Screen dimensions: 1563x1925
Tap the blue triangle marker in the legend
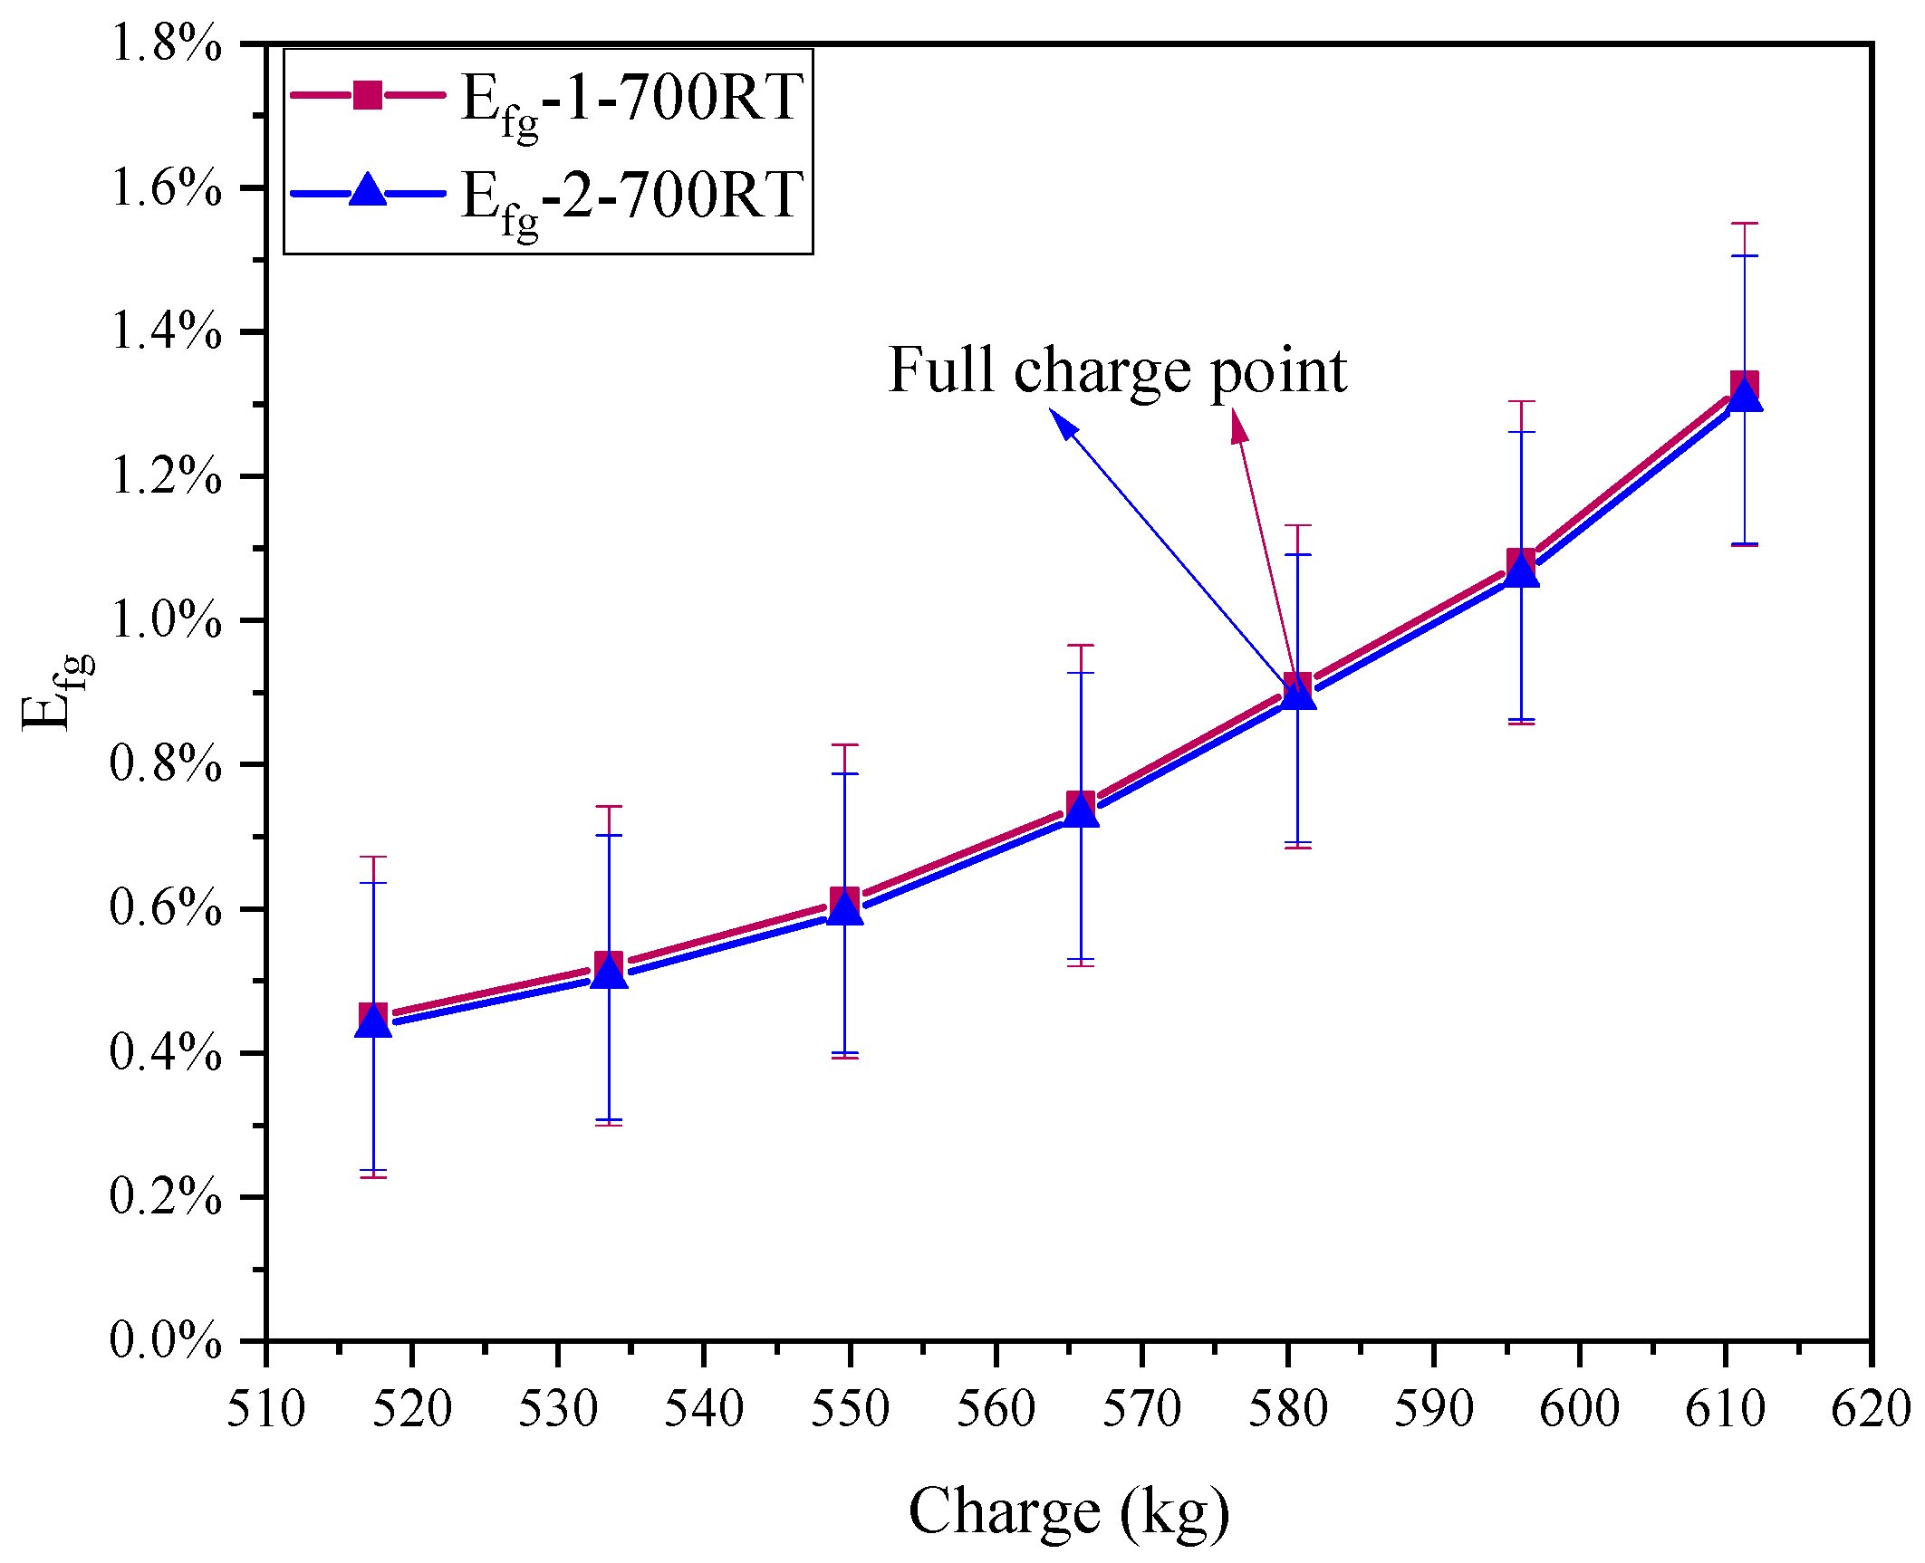point(368,191)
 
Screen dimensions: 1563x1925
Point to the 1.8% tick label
point(166,43)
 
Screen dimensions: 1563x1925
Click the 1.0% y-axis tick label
point(166,620)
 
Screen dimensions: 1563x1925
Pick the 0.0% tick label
point(166,1340)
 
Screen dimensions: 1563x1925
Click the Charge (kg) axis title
point(1069,1511)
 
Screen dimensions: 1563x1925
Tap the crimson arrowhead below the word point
point(1238,426)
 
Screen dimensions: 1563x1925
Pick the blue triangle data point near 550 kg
point(845,907)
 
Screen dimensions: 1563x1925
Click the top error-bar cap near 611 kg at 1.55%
point(1745,223)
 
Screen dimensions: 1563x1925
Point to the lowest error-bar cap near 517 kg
point(373,1177)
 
